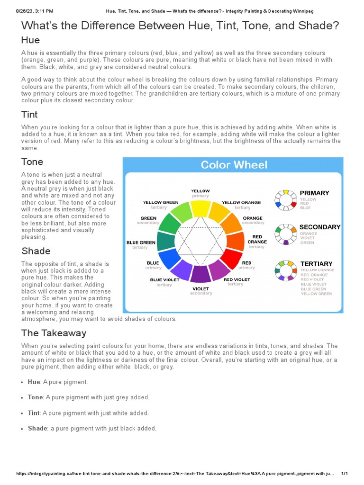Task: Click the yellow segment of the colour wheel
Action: pos(200,208)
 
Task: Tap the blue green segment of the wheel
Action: pos(166,242)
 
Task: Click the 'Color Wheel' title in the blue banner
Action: pos(234,165)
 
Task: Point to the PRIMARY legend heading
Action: pos(314,193)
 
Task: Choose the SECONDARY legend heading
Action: pos(320,227)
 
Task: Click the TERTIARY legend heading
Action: pos(316,263)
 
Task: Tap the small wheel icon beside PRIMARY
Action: pos(285,199)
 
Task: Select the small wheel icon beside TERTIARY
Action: pos(285,270)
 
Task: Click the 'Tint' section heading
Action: pos(29,114)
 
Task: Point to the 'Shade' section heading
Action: pos(36,251)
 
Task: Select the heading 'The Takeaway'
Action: pos(54,333)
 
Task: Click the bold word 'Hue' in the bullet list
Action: pos(34,382)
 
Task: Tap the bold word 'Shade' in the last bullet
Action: pos(37,428)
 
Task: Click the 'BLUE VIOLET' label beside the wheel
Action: pos(165,280)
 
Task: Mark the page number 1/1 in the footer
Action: pos(345,474)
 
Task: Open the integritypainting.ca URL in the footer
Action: pos(175,474)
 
